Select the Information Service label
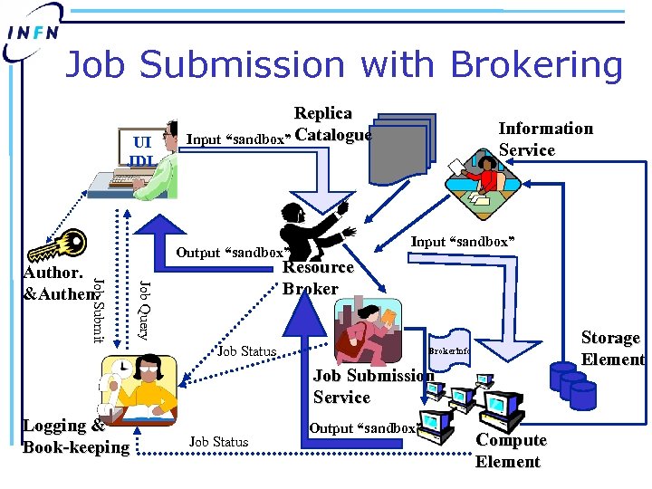pos(545,139)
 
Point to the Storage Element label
pos(612,348)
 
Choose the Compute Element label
pos(511,451)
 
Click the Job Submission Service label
pos(372,387)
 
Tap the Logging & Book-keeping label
pos(75,436)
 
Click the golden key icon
pos(56,245)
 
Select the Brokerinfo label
pos(449,350)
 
